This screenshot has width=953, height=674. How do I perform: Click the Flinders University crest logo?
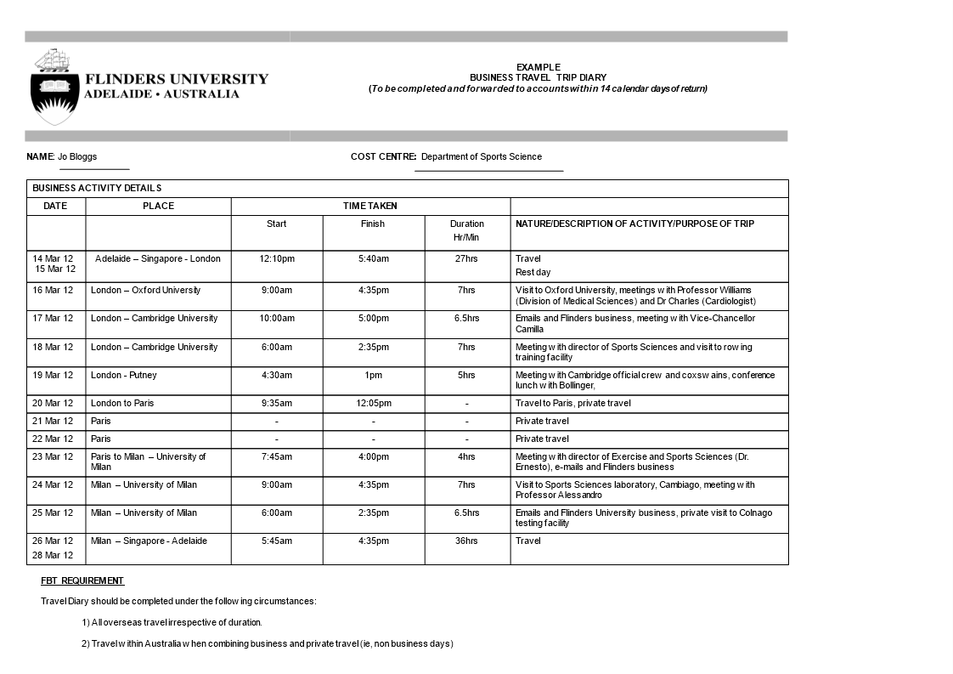[x=55, y=87]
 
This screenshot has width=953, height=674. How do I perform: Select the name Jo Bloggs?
[x=77, y=156]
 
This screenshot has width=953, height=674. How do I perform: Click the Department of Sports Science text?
[x=481, y=156]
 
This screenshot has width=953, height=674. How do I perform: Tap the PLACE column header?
[x=158, y=206]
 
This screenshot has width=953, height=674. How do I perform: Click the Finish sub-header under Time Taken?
[x=372, y=224]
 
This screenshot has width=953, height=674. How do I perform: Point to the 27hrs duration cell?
[x=466, y=258]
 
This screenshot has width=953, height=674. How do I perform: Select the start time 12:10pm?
[x=277, y=258]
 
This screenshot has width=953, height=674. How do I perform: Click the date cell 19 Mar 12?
[x=53, y=375]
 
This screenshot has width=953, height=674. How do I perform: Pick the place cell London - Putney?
[x=124, y=375]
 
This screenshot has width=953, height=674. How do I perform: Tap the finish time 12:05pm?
[x=373, y=403]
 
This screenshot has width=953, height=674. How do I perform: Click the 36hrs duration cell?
[x=466, y=541]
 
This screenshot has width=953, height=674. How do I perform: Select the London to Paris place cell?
[x=122, y=403]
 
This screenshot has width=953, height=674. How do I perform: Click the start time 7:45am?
[x=277, y=456]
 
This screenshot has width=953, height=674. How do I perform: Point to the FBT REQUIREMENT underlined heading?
[x=82, y=581]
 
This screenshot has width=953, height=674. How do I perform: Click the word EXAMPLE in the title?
[x=538, y=67]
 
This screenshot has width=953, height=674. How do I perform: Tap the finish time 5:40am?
[x=373, y=258]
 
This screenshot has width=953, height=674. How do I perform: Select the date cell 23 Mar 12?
[x=53, y=456]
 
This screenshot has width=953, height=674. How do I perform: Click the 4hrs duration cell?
[x=466, y=456]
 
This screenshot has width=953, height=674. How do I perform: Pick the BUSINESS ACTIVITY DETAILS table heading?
[x=97, y=188]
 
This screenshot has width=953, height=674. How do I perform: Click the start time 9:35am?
[x=277, y=403]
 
